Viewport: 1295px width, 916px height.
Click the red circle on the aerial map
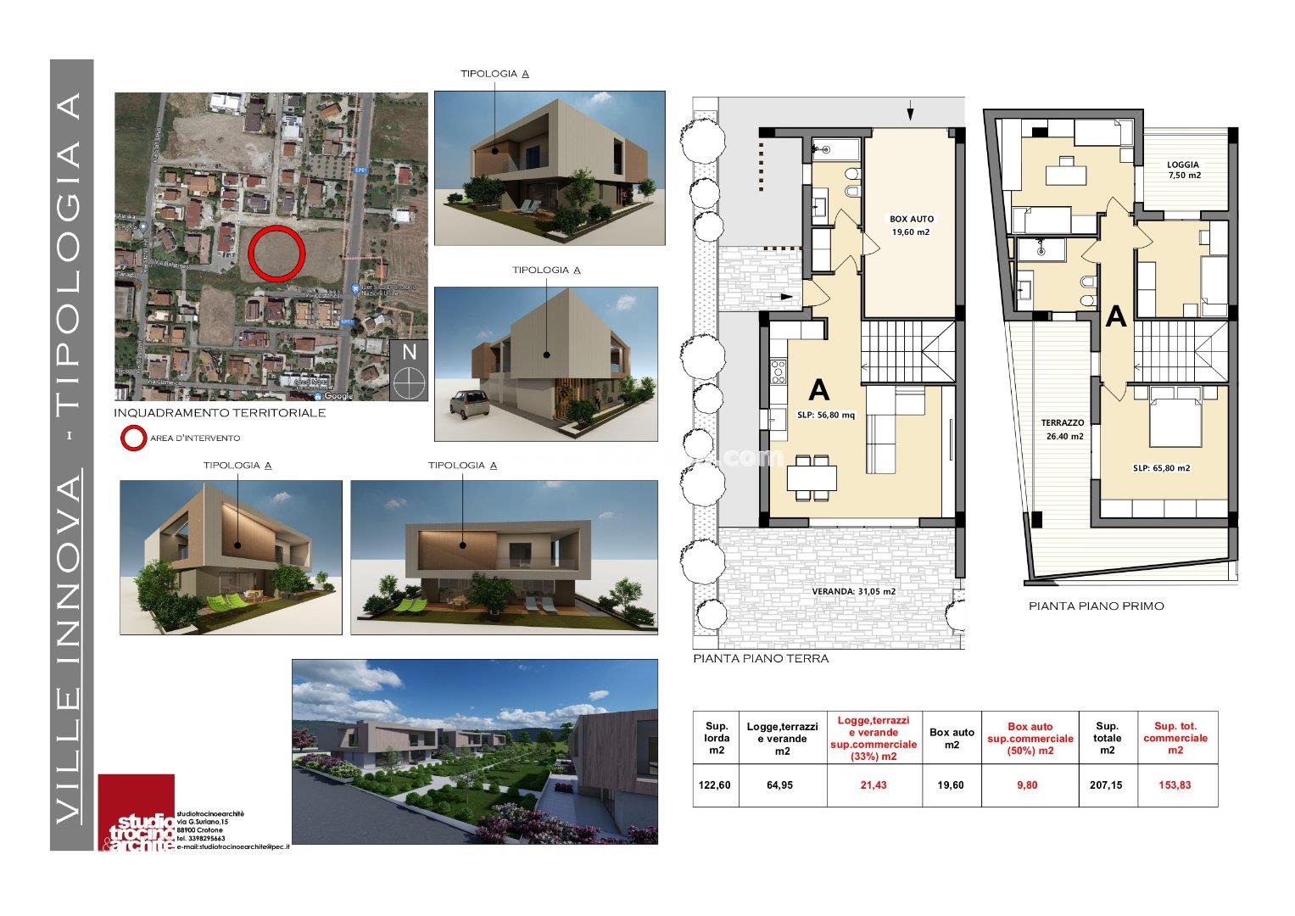coord(277,254)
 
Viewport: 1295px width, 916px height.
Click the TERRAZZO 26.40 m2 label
coord(1063,429)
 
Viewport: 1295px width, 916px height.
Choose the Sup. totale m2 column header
coord(1107,738)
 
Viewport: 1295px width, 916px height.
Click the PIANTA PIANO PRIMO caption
coord(1096,606)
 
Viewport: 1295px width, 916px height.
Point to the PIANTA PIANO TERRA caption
coord(761,658)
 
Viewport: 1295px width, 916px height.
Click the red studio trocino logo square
coord(136,812)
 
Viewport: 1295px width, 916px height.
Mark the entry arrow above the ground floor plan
coord(911,110)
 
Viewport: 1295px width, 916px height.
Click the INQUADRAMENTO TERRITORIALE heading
coord(220,413)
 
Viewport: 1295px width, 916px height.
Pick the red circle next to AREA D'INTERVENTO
coord(131,438)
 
